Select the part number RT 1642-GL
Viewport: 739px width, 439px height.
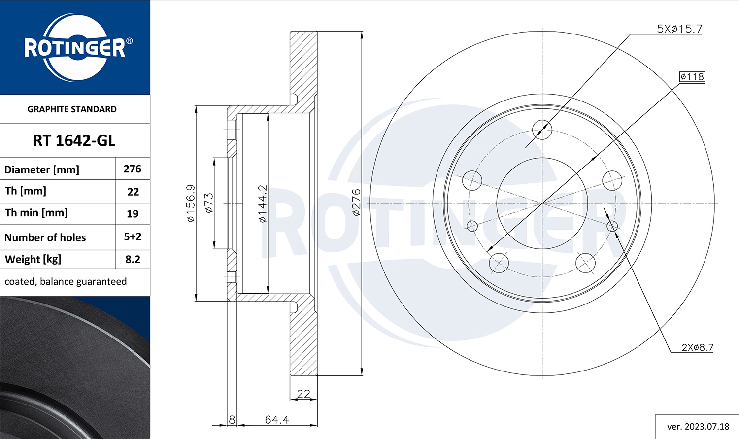pyautogui.click(x=74, y=141)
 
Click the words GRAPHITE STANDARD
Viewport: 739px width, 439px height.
pyautogui.click(x=72, y=109)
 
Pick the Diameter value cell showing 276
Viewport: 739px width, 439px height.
pyautogui.click(x=133, y=169)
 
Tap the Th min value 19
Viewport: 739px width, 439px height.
pyautogui.click(x=133, y=214)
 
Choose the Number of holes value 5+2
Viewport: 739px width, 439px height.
pyautogui.click(x=133, y=236)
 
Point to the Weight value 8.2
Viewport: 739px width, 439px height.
pyautogui.click(x=133, y=259)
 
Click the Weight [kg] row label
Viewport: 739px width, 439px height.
pyautogui.click(x=33, y=259)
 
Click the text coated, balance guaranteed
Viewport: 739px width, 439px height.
pyautogui.click(x=66, y=281)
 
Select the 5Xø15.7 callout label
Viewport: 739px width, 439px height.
pyautogui.click(x=679, y=29)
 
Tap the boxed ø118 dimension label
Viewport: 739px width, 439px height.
pyautogui.click(x=692, y=77)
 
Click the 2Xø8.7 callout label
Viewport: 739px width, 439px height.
pyautogui.click(x=697, y=347)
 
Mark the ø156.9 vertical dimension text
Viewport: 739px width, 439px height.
pyautogui.click(x=191, y=203)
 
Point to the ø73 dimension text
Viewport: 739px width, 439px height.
pyautogui.click(x=209, y=203)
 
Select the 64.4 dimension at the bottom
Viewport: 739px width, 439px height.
pyautogui.click(x=277, y=420)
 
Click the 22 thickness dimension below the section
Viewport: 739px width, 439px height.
pyautogui.click(x=303, y=394)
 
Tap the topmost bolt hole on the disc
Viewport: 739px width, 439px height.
pyautogui.click(x=542, y=130)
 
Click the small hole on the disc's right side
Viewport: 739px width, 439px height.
pyautogui.click(x=612, y=226)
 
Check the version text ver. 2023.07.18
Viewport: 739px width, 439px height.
pyautogui.click(x=698, y=426)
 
